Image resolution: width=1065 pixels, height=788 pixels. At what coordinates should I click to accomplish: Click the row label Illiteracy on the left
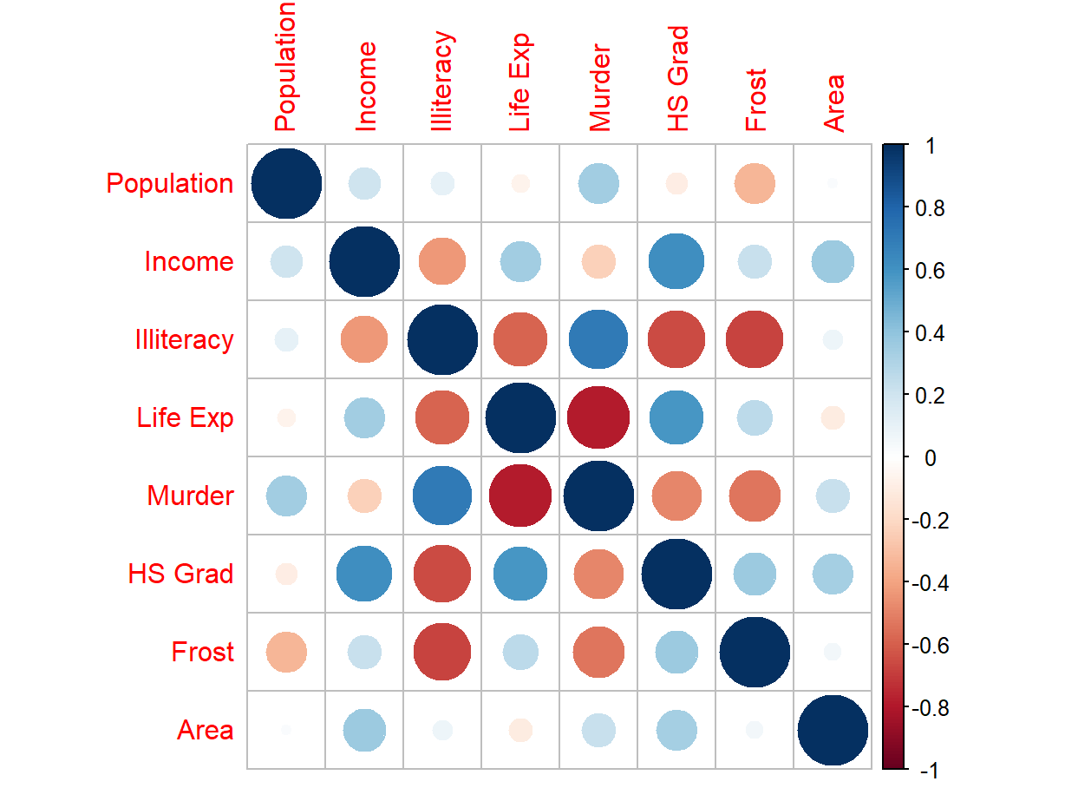pos(183,339)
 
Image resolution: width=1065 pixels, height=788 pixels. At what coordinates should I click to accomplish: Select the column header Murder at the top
pos(599,87)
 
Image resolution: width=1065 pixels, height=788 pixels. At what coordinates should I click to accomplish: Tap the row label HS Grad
pos(180,574)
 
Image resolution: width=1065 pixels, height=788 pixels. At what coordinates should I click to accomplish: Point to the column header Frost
pos(755,100)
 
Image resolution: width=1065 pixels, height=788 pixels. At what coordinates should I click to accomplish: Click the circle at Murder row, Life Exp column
pos(520,496)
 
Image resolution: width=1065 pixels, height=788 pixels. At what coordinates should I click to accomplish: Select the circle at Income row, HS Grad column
pos(676,261)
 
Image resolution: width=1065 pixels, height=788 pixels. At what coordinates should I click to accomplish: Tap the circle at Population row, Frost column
pos(755,183)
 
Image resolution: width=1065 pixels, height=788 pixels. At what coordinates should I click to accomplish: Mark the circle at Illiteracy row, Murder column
pos(598,339)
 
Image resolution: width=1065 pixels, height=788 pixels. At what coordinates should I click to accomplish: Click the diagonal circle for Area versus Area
pos(833,730)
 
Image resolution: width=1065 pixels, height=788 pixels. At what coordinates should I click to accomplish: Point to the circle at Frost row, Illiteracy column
pos(442,652)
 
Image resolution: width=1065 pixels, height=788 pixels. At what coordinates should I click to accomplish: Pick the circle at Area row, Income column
pos(364,730)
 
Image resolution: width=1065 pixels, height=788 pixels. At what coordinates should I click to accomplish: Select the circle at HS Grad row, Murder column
pos(598,574)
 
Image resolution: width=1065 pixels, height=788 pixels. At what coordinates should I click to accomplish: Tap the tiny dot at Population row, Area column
pos(833,183)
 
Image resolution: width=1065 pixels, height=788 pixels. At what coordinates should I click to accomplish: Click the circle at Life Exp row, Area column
pos(833,417)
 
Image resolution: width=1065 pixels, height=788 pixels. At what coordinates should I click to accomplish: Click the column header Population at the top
pos(285,67)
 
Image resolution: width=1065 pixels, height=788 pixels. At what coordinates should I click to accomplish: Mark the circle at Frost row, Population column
pos(286,652)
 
